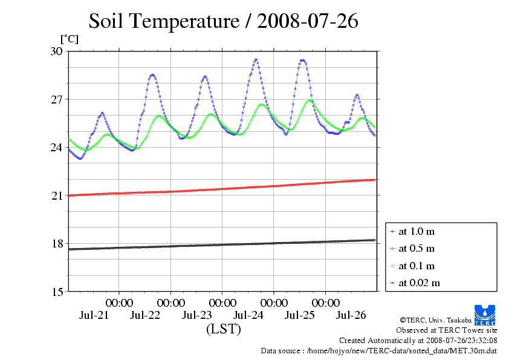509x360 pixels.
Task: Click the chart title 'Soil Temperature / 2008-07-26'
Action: coord(223,21)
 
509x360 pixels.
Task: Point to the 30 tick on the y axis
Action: coord(56,51)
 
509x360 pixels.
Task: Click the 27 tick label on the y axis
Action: coord(56,99)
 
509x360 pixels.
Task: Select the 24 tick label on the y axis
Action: coord(56,147)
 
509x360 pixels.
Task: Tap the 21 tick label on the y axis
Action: coord(56,195)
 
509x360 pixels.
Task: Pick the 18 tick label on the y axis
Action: coord(56,243)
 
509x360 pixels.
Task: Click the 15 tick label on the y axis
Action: coord(56,292)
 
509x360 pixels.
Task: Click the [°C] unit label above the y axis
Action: coord(68,39)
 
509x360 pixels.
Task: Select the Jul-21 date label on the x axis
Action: coord(94,315)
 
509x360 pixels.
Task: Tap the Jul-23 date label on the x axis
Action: coord(197,315)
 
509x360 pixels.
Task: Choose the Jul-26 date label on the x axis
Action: coord(351,315)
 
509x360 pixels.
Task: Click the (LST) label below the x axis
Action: coord(223,330)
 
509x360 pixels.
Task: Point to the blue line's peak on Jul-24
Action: coord(256,59)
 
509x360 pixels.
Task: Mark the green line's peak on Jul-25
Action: coord(310,100)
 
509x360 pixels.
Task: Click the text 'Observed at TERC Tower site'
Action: coord(446,330)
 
